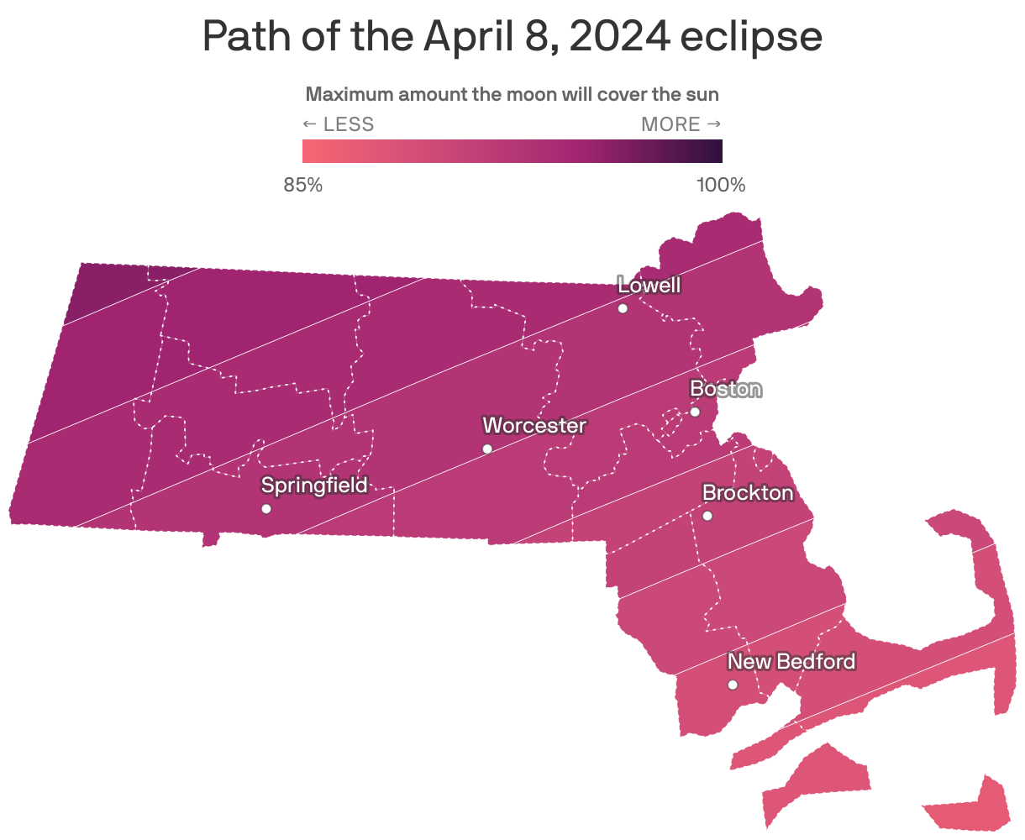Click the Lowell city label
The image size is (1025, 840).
click(649, 286)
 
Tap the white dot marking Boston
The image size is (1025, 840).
click(695, 412)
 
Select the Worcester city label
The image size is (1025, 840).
click(534, 426)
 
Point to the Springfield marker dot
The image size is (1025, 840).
click(266, 509)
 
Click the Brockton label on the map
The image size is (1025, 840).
click(748, 493)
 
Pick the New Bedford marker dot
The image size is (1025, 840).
click(733, 685)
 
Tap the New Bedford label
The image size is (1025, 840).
click(791, 662)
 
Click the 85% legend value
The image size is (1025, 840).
click(303, 185)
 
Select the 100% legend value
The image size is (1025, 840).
click(721, 185)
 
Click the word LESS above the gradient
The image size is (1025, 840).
click(349, 124)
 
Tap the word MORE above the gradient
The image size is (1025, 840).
click(670, 124)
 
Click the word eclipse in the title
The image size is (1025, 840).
click(751, 37)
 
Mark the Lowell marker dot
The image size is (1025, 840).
click(623, 308)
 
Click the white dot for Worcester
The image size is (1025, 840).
click(487, 449)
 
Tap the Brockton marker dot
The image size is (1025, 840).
click(707, 516)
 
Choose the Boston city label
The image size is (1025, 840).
click(726, 389)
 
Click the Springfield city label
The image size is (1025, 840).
click(314, 486)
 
